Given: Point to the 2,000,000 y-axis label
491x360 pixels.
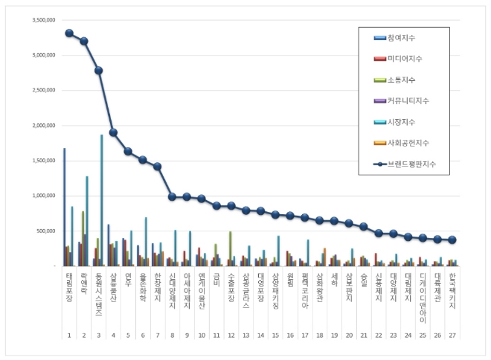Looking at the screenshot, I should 39,126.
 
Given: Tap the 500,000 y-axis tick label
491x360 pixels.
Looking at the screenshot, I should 42,231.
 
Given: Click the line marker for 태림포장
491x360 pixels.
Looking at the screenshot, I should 69,33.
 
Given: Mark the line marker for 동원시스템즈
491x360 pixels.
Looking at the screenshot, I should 98,70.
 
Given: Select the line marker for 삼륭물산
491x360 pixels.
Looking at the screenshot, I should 113,132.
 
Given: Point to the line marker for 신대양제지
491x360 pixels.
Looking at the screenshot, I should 172,197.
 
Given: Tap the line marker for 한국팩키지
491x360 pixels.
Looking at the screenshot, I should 450,240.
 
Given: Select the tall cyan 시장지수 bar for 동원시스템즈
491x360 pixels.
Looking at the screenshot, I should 102,200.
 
